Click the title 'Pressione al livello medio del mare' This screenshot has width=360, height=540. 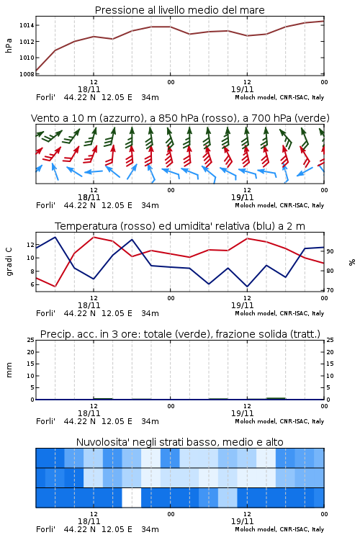click(x=179, y=10)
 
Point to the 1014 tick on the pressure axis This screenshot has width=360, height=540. click(x=27, y=25)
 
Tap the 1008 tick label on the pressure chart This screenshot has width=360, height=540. click(x=27, y=73)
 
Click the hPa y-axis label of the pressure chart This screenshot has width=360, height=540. click(x=9, y=45)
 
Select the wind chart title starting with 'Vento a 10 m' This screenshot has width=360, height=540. click(x=180, y=118)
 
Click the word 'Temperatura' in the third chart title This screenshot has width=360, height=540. click(x=86, y=226)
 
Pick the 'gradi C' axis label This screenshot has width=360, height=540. click(x=9, y=261)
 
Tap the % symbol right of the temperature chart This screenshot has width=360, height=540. click(x=352, y=262)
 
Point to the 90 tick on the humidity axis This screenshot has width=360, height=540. click(x=330, y=251)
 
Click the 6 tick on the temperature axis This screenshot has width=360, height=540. click(x=32, y=284)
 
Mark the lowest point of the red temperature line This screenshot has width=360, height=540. click(x=55, y=287)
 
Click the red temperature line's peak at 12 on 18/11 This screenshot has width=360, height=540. click(x=94, y=237)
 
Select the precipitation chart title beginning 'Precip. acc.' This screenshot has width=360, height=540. click(x=180, y=334)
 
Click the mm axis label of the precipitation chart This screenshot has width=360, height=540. click(x=9, y=369)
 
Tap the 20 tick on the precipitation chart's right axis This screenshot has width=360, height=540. click(x=330, y=352)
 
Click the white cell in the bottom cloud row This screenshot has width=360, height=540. click(x=132, y=498)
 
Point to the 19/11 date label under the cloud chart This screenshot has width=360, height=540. click(x=242, y=521)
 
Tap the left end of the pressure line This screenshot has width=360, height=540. click(x=36, y=71)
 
